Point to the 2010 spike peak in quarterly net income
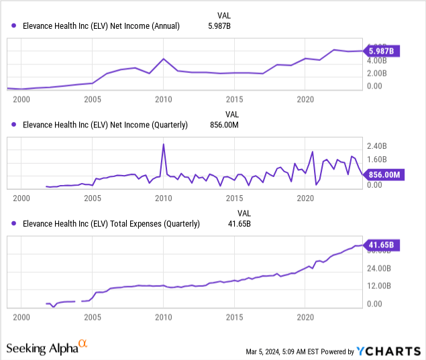point(164,144)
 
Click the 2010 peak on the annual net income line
point(164,59)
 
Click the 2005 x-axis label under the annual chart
point(93,99)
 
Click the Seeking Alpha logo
point(47,347)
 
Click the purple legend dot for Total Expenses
point(14,224)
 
